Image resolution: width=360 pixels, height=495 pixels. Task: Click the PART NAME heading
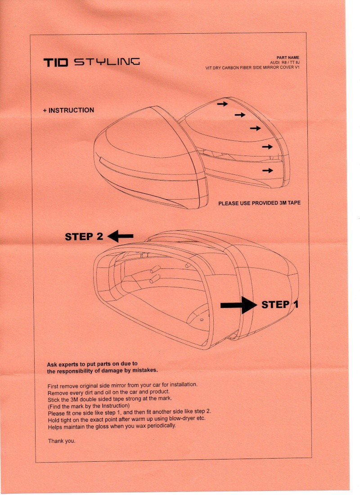(288, 58)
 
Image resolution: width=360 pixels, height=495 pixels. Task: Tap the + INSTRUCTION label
(68, 110)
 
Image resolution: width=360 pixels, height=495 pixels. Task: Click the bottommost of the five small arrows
(268, 170)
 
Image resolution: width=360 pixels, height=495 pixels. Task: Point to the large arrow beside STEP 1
(238, 305)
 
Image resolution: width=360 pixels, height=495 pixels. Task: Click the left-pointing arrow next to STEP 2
(121, 236)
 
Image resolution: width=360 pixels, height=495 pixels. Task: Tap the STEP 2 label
(84, 236)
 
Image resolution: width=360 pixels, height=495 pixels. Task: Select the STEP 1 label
(279, 305)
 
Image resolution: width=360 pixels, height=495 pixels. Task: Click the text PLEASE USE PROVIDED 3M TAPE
(259, 203)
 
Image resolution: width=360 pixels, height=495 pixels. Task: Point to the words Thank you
(61, 441)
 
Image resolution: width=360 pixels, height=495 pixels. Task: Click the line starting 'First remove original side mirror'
(122, 386)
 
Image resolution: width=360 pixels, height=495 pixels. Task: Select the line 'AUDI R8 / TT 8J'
(284, 62)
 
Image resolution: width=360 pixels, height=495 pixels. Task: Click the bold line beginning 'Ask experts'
(92, 364)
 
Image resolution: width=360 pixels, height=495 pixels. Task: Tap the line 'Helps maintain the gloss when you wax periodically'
(112, 425)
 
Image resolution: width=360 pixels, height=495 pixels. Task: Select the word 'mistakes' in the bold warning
(143, 371)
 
